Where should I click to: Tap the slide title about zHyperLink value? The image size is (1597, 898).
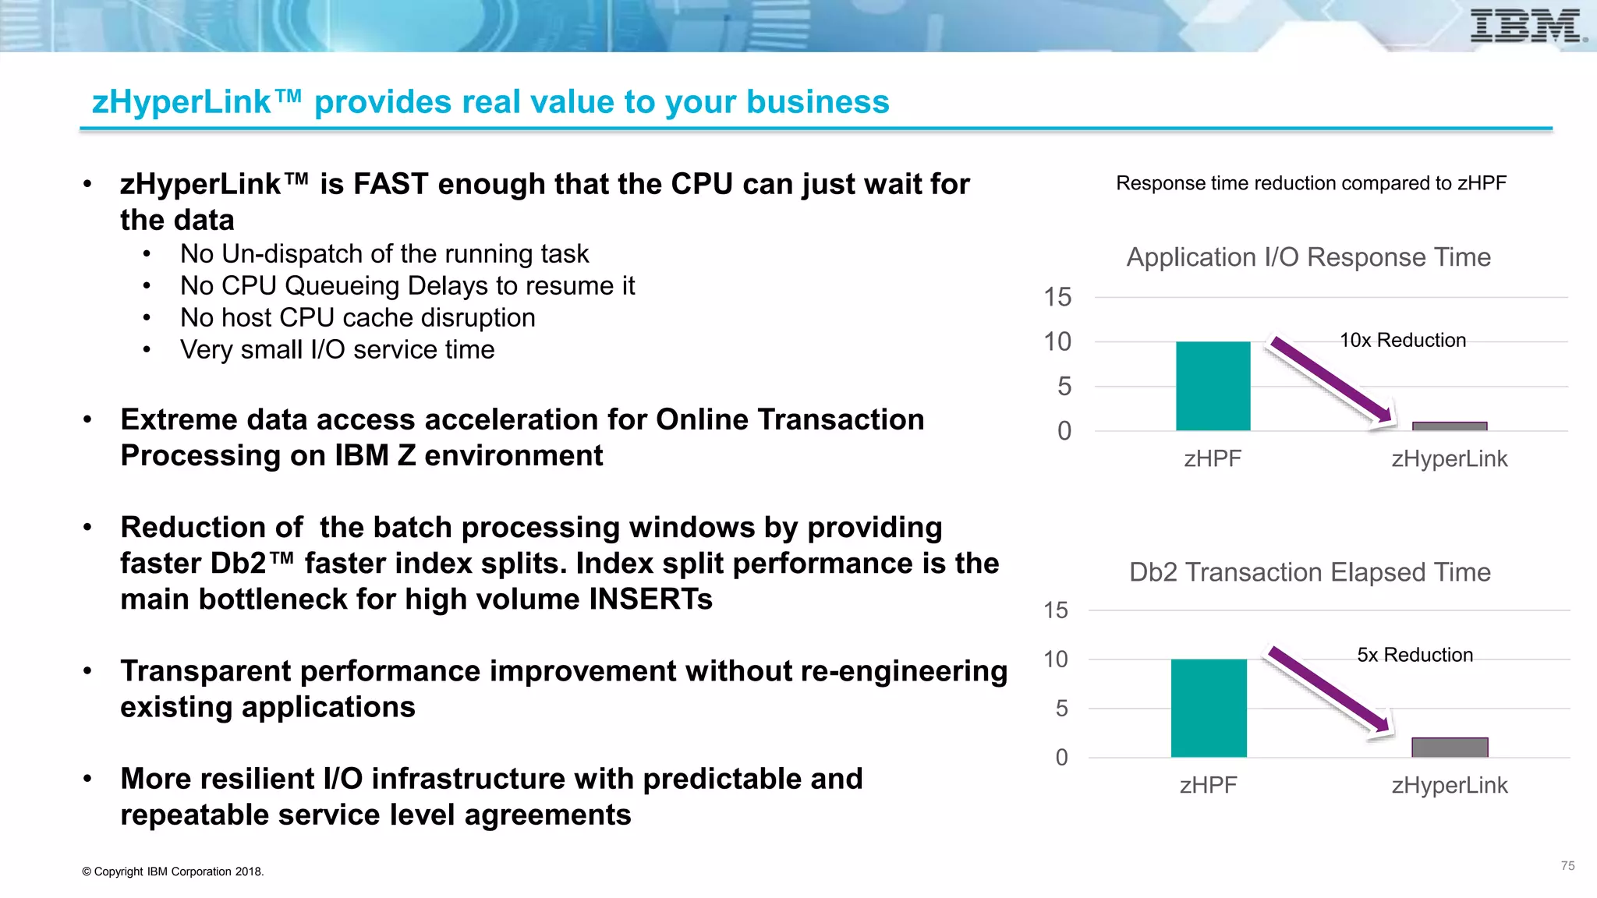(x=490, y=102)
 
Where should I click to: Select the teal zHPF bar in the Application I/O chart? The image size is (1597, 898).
(x=1213, y=386)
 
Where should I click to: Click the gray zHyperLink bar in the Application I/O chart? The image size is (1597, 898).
(x=1449, y=426)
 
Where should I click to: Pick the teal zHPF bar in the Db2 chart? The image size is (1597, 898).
(x=1208, y=708)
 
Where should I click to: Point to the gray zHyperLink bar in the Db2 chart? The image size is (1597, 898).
(x=1449, y=747)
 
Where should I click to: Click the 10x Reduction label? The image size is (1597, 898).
(x=1402, y=340)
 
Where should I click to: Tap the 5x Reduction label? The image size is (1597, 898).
(x=1415, y=655)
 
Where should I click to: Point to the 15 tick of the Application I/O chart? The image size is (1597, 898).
(x=1057, y=297)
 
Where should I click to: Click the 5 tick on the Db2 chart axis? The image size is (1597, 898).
(x=1061, y=709)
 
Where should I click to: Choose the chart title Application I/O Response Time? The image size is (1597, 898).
(x=1308, y=257)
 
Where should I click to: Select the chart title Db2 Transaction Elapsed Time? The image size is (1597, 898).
(x=1309, y=572)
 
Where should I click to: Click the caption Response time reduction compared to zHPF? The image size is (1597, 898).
(x=1311, y=183)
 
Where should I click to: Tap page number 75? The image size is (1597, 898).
(x=1567, y=866)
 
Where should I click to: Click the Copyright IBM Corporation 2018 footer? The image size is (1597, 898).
(x=173, y=871)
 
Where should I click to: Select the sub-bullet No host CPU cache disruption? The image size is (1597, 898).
(x=357, y=318)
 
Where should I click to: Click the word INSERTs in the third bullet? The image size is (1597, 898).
(x=650, y=599)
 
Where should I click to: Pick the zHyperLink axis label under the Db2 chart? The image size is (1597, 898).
(x=1449, y=785)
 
